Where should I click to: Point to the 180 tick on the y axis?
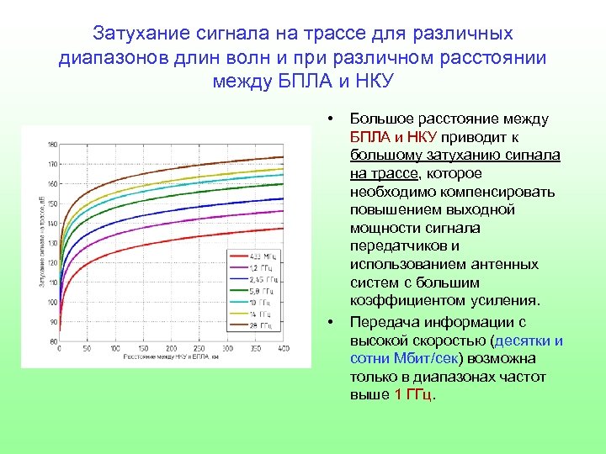pos(53,144)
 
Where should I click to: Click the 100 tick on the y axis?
pos(53,302)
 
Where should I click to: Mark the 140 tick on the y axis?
pos(53,223)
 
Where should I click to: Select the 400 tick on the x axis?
pos(284,348)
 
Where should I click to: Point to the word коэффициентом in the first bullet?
pos(400,300)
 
